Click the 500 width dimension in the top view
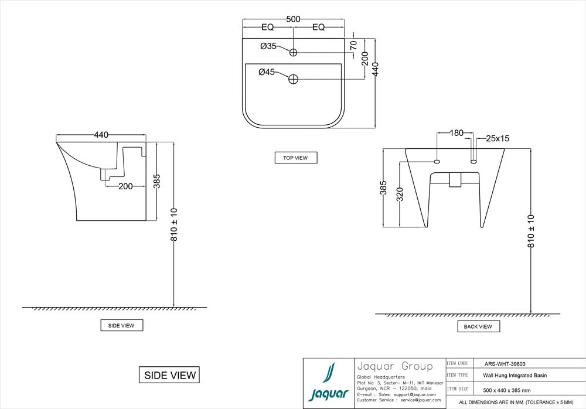point(293,19)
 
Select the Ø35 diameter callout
point(268,46)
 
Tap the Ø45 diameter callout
point(267,72)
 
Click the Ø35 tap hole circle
point(294,52)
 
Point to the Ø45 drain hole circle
point(294,79)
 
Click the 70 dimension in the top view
point(353,45)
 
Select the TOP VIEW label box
point(296,158)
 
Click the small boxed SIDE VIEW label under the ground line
point(121,325)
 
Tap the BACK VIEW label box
point(478,326)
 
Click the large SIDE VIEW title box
point(169,374)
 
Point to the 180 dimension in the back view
point(456,132)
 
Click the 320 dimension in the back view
point(400,194)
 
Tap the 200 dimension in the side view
point(124,186)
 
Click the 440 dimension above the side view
point(101,135)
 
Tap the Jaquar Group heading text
point(394,367)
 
